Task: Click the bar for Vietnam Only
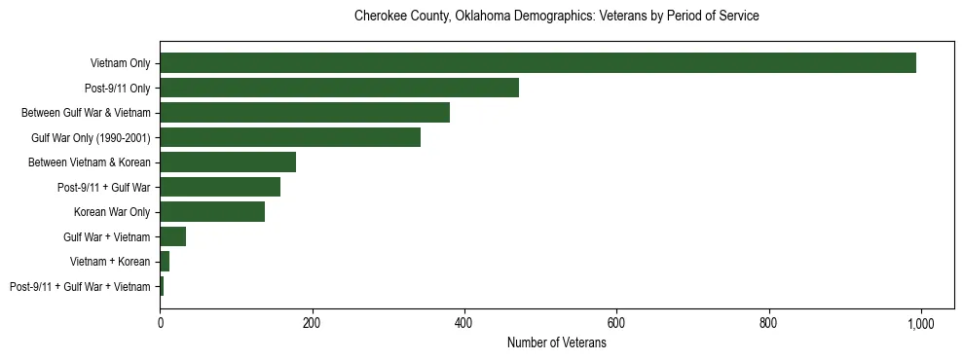pyautogui.click(x=537, y=63)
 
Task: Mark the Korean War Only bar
pyautogui.click(x=212, y=212)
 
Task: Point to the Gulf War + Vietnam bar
pyautogui.click(x=173, y=236)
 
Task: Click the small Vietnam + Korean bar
pyautogui.click(x=165, y=262)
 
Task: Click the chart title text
pyautogui.click(x=556, y=17)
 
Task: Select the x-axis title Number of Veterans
pyautogui.click(x=556, y=343)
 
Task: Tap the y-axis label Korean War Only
pyautogui.click(x=112, y=212)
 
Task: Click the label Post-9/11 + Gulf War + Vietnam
pyautogui.click(x=80, y=287)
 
